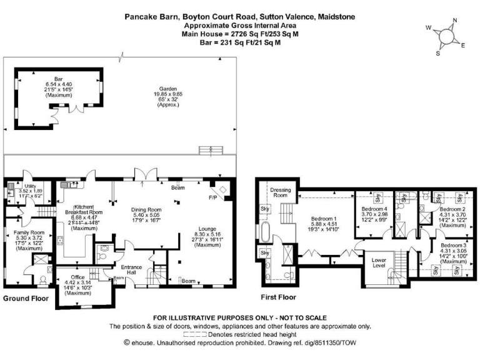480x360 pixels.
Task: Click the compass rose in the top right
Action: [445, 36]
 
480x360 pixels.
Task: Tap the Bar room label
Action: [59, 78]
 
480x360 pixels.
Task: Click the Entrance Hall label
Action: [132, 270]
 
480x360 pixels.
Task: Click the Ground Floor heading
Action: [26, 299]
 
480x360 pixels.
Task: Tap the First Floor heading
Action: [278, 297]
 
